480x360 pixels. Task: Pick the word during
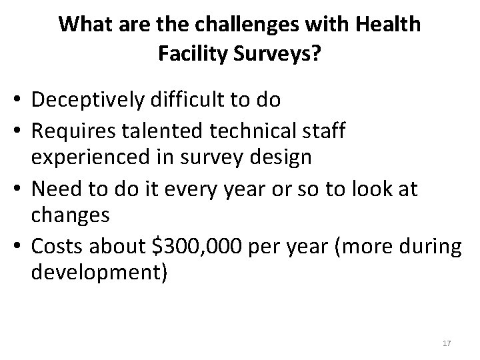tap(436, 247)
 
